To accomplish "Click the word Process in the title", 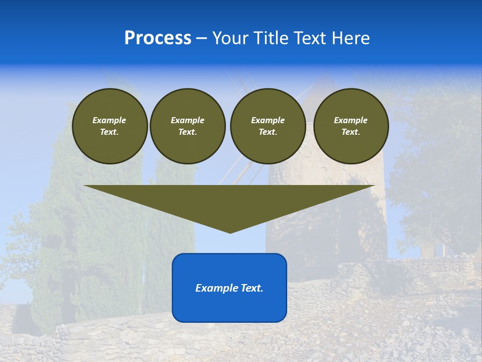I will pos(158,38).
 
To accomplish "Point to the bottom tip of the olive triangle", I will pos(230,232).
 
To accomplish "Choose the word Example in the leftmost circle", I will pos(109,120).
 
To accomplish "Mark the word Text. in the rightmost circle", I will pos(351,132).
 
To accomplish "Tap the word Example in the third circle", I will pos(268,120).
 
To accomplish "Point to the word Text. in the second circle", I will pos(188,132).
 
